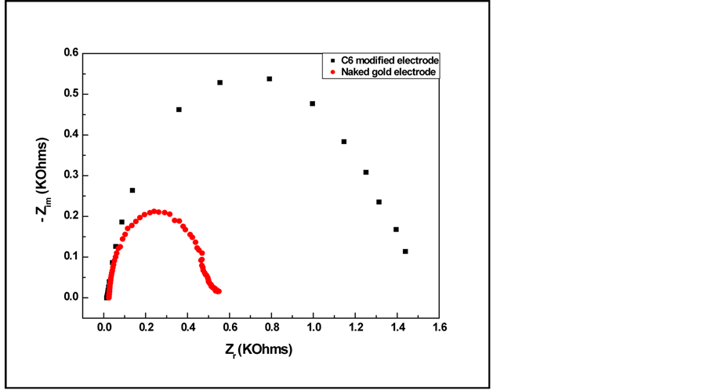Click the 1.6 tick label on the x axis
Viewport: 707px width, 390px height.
(x=439, y=327)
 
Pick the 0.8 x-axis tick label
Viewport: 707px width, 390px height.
(x=271, y=327)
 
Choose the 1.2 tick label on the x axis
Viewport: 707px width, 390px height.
(x=355, y=327)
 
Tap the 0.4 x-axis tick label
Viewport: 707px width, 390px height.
(x=187, y=327)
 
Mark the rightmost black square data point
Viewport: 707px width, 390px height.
(x=405, y=251)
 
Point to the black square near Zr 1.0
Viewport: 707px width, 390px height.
(x=312, y=103)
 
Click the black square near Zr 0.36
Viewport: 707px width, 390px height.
(x=179, y=110)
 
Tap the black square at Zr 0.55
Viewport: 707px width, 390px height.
(x=220, y=82)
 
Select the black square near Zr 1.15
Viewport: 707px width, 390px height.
(x=343, y=142)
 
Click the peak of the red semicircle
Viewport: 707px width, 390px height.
(x=155, y=211)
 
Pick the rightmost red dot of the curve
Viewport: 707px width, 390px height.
(x=219, y=291)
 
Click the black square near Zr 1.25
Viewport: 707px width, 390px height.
(x=365, y=172)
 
